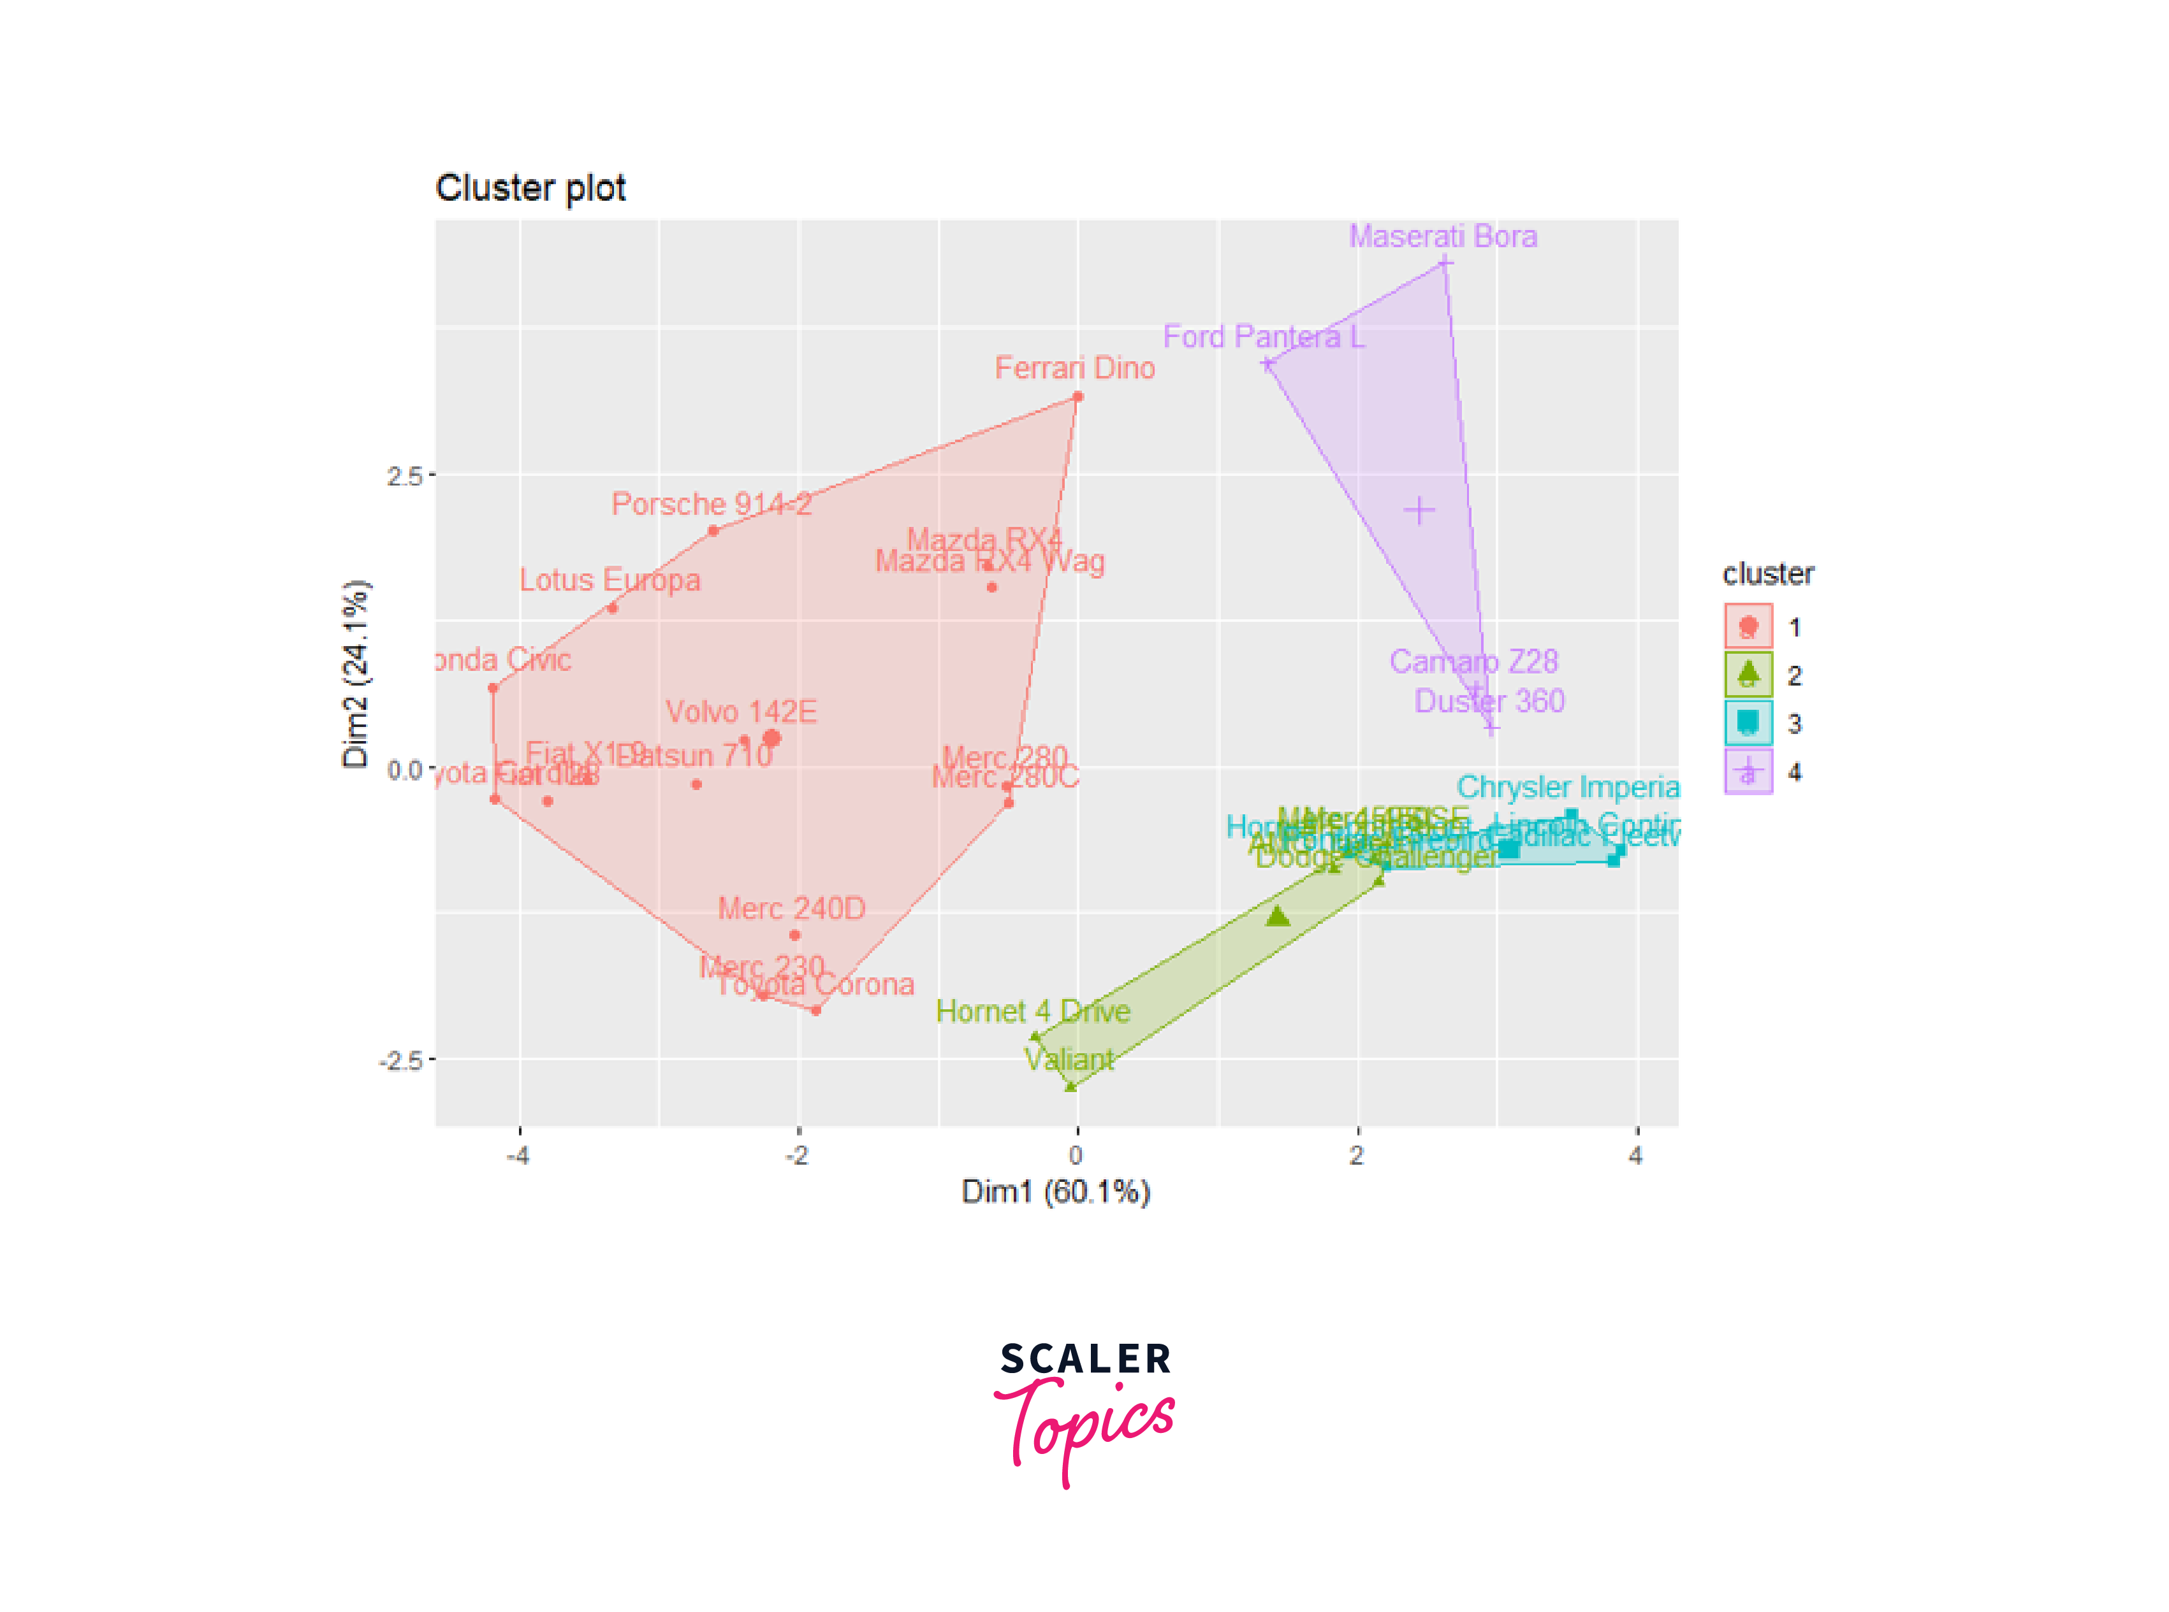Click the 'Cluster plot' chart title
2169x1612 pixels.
point(530,187)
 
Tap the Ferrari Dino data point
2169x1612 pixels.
point(1077,397)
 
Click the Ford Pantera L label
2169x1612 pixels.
point(1263,336)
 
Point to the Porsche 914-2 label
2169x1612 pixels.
point(711,503)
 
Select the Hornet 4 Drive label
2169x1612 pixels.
point(1033,1011)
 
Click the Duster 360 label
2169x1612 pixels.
point(1489,701)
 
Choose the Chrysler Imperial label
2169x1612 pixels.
point(1566,786)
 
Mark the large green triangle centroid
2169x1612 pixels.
point(1278,916)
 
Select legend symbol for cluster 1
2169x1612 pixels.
point(1748,626)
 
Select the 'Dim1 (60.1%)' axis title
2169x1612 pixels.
point(1055,1191)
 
